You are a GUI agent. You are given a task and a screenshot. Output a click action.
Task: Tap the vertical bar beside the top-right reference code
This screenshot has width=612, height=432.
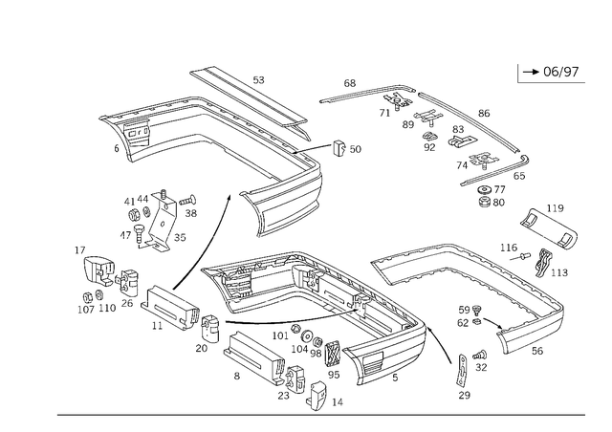[516, 74]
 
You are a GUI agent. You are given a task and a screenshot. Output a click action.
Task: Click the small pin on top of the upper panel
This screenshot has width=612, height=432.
[258, 78]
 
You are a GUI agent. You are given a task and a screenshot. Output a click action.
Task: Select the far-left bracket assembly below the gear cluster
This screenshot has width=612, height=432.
[100, 282]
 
